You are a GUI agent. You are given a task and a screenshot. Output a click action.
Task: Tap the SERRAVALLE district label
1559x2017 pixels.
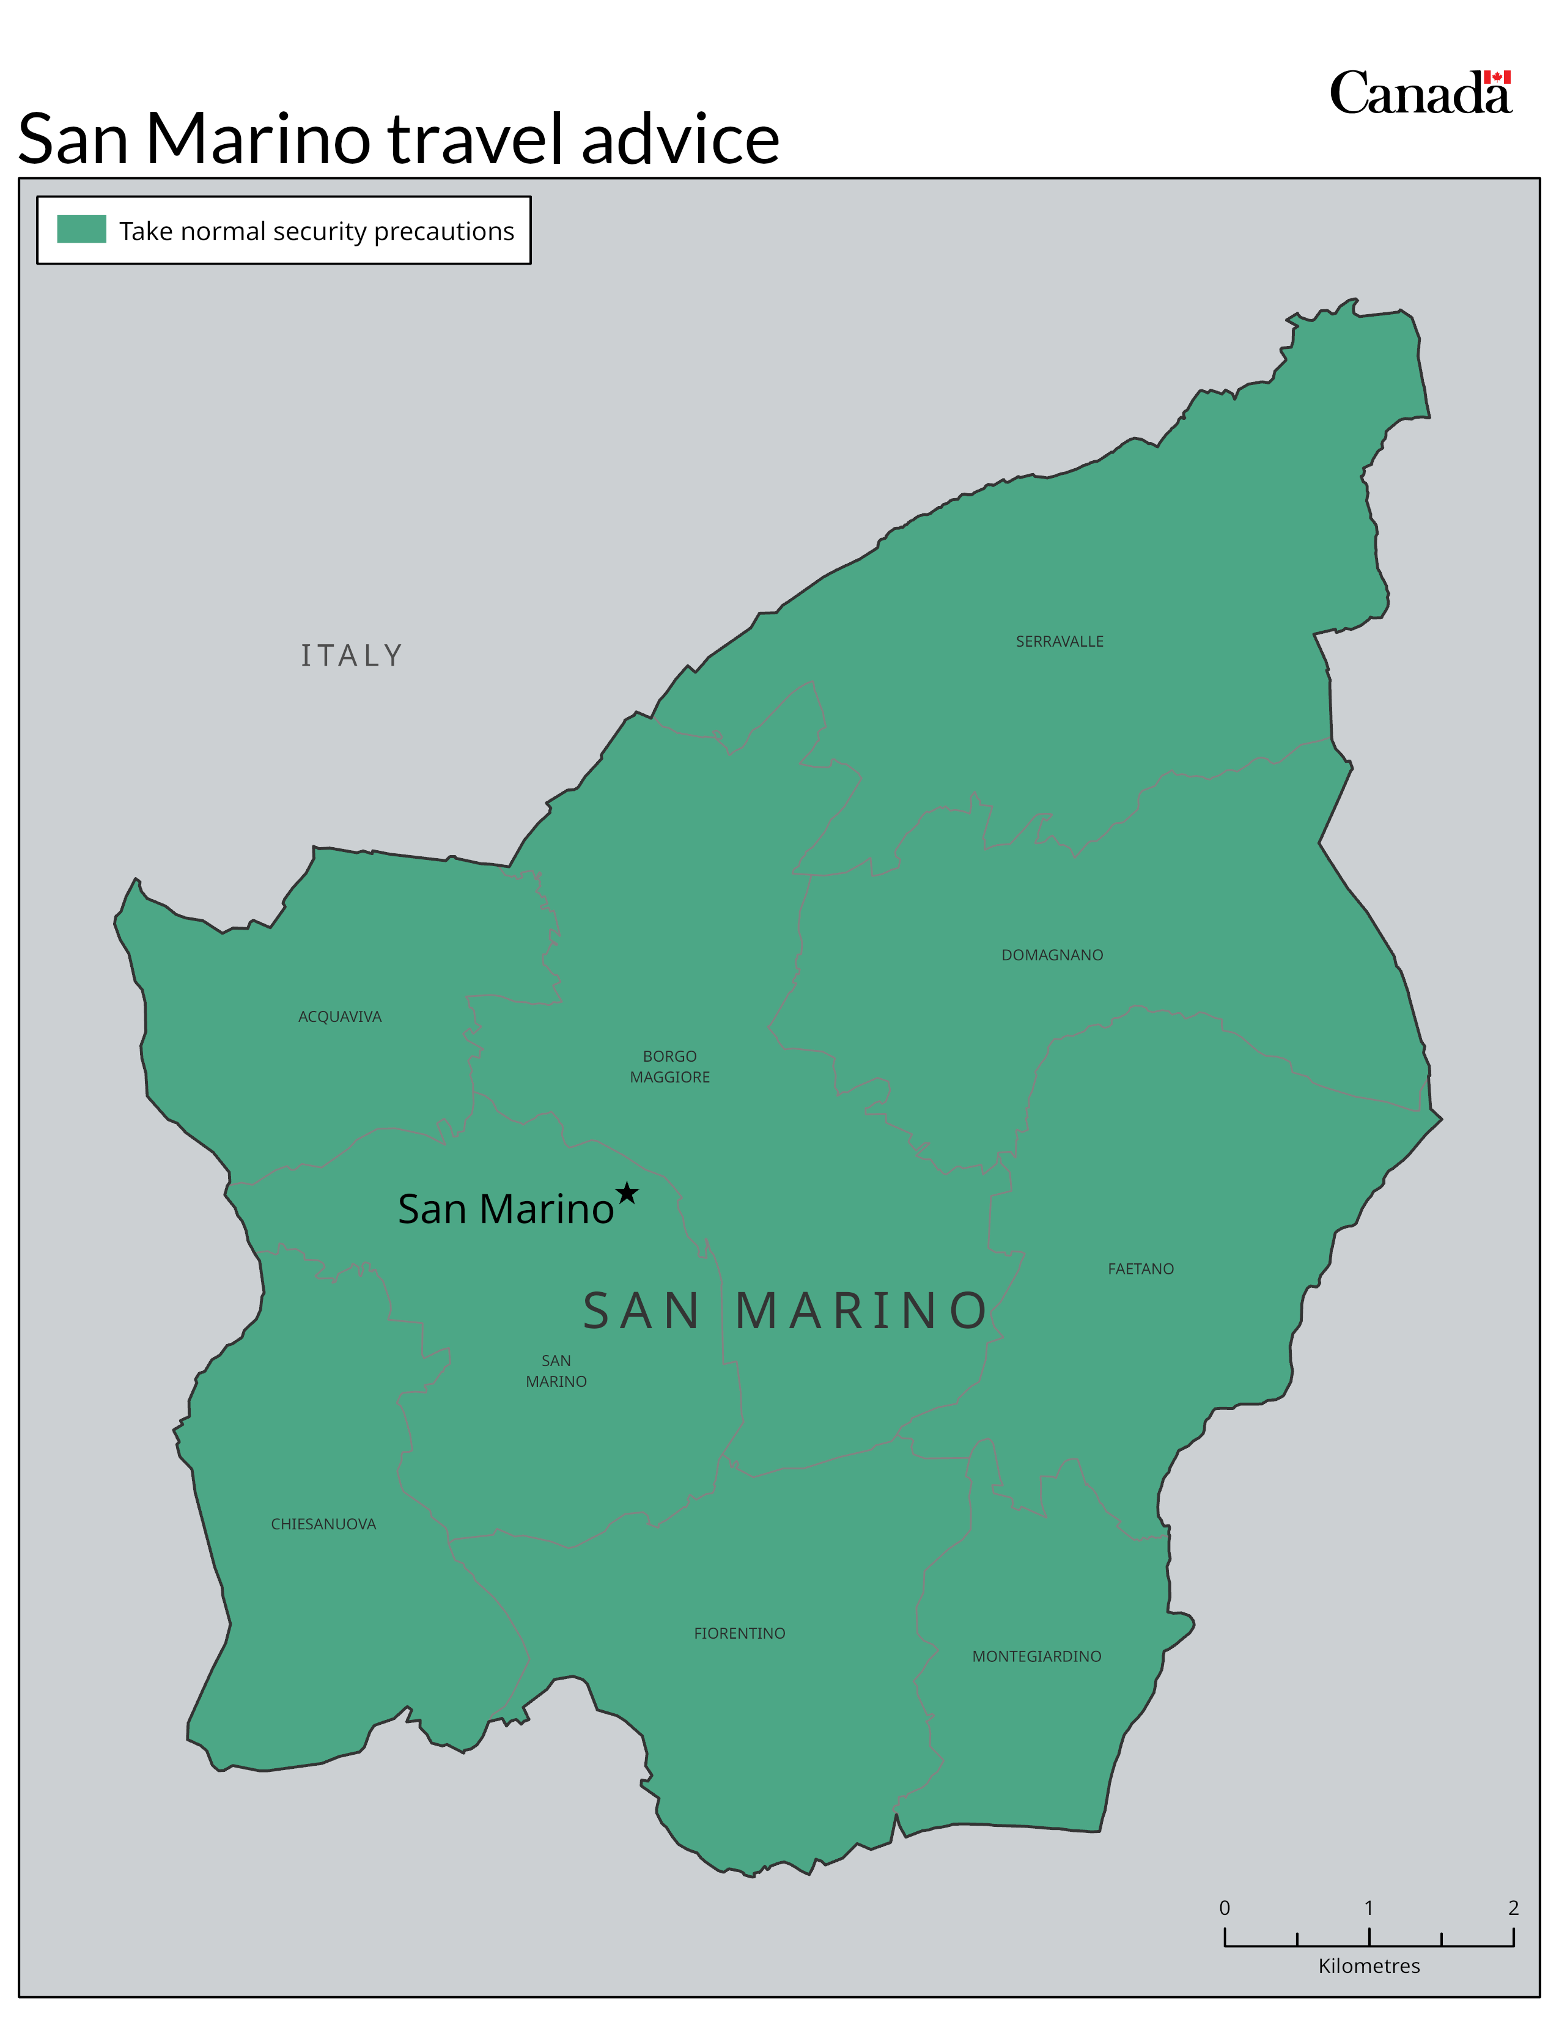[1060, 642]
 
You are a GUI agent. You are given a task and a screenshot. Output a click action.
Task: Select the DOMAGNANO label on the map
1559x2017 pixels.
[1052, 955]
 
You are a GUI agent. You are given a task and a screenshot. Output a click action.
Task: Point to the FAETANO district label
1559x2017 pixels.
[1141, 1269]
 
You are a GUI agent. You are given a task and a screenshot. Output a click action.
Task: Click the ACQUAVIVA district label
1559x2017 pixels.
[339, 1017]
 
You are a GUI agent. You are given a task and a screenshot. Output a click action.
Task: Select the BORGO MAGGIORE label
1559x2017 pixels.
[669, 1067]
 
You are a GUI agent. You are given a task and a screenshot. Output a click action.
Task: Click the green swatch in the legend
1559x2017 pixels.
[81, 229]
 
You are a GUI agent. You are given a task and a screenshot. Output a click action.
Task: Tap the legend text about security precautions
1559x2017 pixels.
[316, 231]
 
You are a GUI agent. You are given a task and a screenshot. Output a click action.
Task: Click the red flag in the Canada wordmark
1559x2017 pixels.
[1497, 78]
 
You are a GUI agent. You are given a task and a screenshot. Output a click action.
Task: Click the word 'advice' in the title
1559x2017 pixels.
[680, 141]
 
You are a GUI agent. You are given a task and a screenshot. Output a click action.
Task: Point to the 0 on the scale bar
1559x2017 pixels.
[1225, 1908]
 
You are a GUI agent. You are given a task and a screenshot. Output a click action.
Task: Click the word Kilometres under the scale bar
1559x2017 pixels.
[1369, 1966]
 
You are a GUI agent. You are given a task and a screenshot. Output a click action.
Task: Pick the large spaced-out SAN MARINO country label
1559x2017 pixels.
[785, 1312]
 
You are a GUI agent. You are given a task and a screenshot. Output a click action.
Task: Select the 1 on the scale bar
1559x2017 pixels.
[1369, 1908]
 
